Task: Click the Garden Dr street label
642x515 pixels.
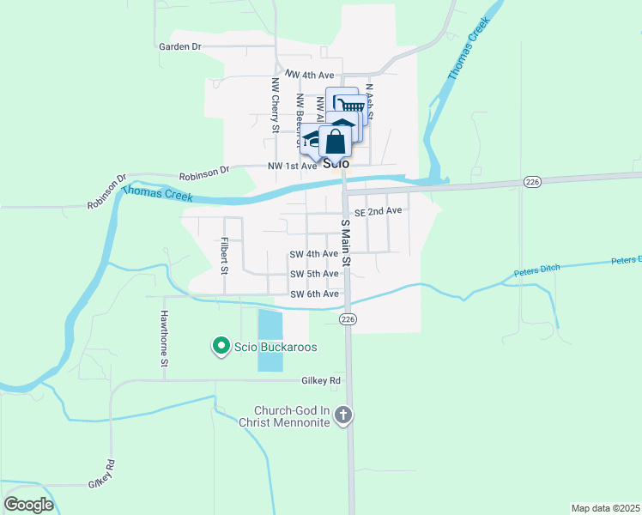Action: [179, 46]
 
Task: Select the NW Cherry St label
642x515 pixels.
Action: [276, 106]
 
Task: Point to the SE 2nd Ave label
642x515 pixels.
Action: [379, 210]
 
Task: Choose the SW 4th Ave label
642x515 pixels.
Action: [314, 254]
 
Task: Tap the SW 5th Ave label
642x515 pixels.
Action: [314, 274]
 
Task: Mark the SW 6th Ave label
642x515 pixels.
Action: [314, 294]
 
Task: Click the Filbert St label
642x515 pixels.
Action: [224, 255]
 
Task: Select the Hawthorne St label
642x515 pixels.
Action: [163, 338]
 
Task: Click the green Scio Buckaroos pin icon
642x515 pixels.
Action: [220, 347]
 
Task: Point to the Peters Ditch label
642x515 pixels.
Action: [536, 270]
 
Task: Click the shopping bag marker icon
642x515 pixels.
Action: [336, 142]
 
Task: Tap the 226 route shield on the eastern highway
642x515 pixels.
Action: [531, 181]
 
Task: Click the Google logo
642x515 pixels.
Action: [28, 504]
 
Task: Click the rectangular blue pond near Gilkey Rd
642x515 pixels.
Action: [270, 340]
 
